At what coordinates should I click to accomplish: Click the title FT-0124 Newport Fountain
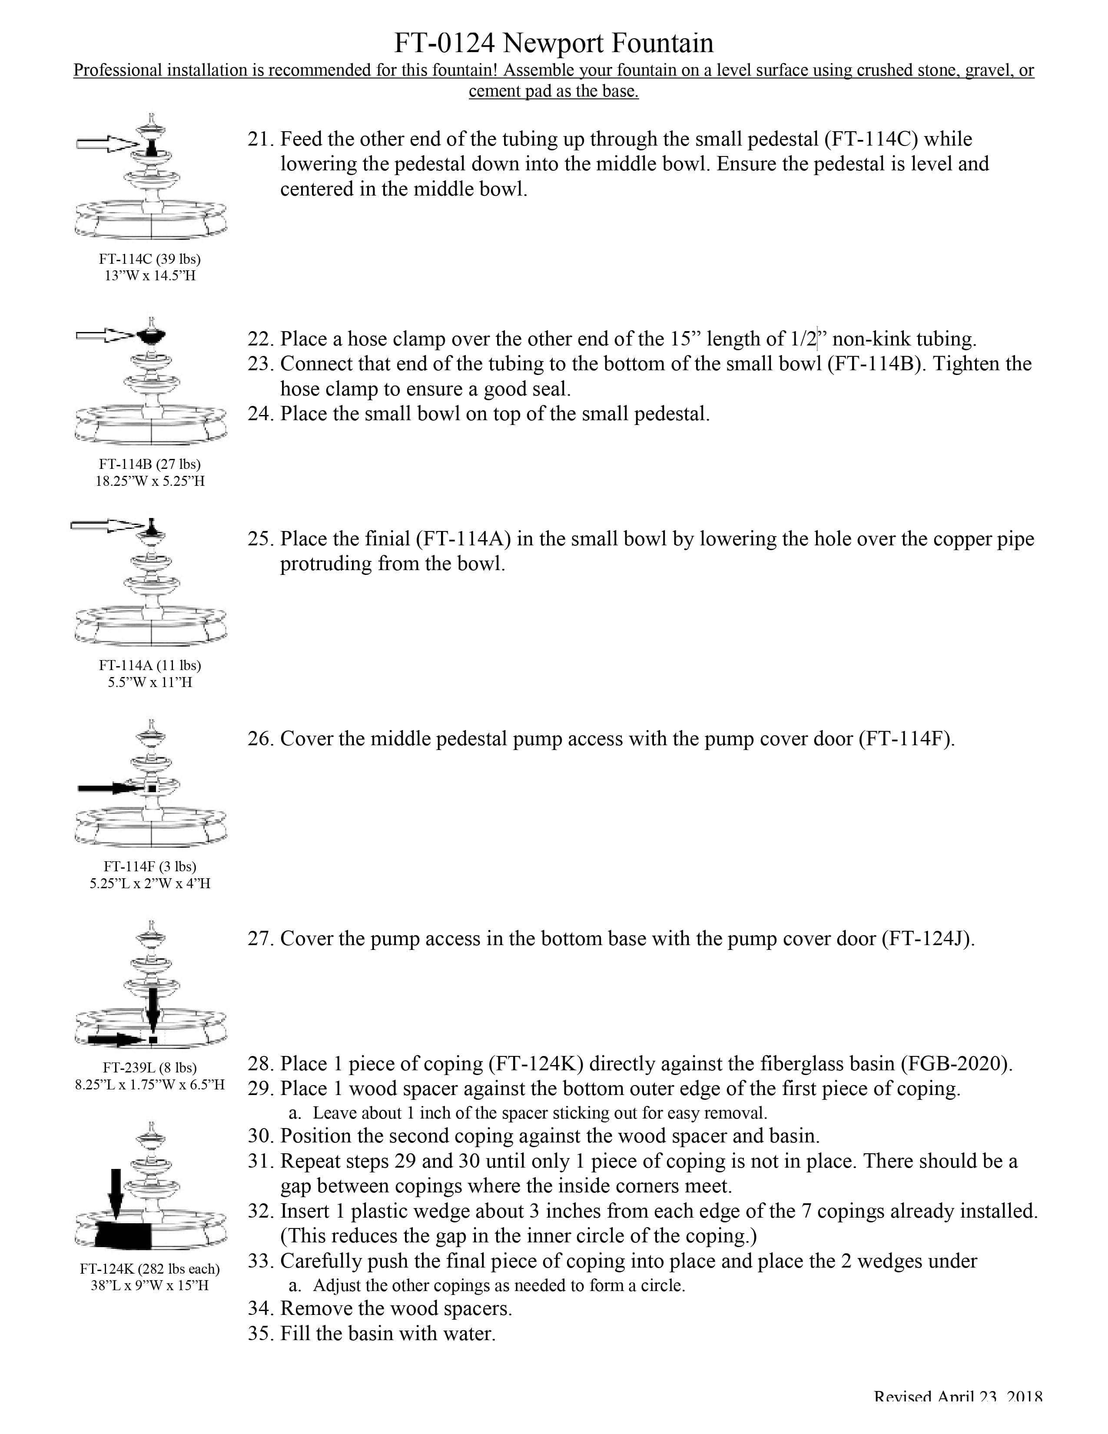click(x=553, y=43)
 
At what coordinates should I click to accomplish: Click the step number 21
click(x=261, y=139)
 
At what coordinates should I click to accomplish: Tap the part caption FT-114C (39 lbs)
click(x=149, y=259)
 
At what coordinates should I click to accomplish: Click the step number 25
click(x=261, y=539)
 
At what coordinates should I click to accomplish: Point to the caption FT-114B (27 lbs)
click(x=149, y=464)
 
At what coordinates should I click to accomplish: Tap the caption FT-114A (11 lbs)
click(x=149, y=665)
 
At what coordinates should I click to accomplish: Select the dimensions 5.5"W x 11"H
click(x=149, y=682)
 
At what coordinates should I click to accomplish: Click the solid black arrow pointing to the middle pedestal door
click(x=108, y=788)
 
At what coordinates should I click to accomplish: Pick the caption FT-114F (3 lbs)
click(x=149, y=866)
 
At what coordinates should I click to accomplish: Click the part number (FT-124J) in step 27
click(x=928, y=938)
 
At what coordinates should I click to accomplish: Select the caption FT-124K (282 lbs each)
click(x=149, y=1268)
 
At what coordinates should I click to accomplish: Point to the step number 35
click(x=261, y=1334)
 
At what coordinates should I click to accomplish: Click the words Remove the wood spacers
click(x=396, y=1308)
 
